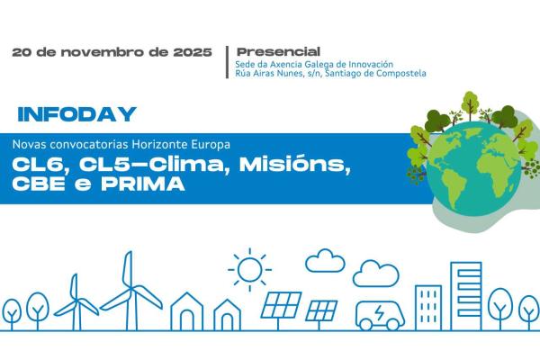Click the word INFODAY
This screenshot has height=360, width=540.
point(76,115)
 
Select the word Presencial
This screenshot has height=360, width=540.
point(278,51)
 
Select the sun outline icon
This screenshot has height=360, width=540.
point(249,268)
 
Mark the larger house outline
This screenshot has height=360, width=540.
point(187,311)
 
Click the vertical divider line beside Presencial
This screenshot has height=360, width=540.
point(227,62)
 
